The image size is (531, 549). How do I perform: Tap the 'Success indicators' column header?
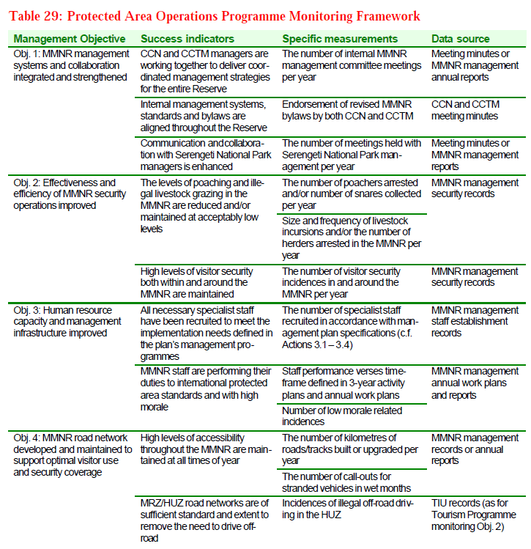point(187,39)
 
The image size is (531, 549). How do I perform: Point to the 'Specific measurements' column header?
point(340,39)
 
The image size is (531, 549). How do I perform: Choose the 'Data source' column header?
point(461,39)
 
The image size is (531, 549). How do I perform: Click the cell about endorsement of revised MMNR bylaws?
point(348,111)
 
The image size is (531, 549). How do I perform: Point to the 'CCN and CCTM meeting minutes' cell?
point(465,111)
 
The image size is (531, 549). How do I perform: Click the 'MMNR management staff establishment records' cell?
point(475,321)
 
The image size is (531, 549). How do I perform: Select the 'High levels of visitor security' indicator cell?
point(206,282)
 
